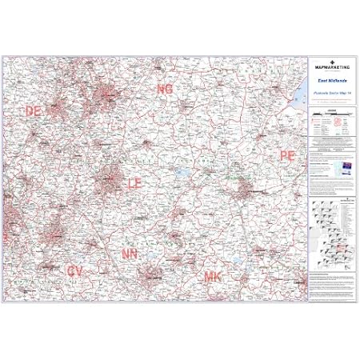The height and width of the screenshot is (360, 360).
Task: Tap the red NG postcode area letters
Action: (x=165, y=89)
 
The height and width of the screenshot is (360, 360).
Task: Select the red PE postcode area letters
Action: (x=286, y=154)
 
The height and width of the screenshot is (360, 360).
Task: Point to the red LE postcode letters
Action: (x=134, y=184)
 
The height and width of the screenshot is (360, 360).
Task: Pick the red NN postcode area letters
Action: (x=130, y=253)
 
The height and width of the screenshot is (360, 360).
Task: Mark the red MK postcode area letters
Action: (x=213, y=277)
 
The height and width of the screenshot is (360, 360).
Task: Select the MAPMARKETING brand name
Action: (x=331, y=66)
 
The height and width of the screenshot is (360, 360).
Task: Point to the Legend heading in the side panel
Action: (x=331, y=111)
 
